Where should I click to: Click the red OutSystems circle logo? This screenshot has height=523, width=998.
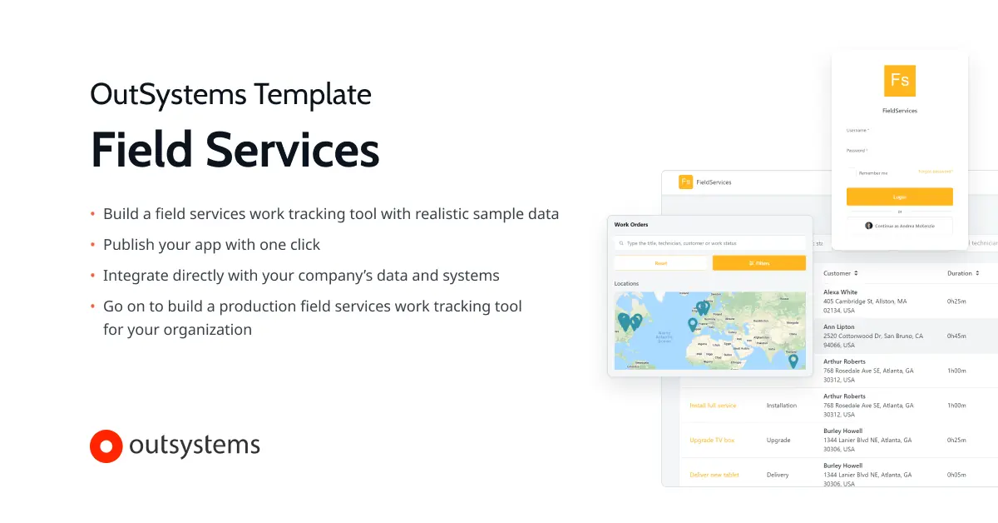[x=106, y=446]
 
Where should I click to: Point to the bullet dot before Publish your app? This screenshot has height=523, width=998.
[x=92, y=245]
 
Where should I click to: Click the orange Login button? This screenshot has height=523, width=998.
[x=899, y=197]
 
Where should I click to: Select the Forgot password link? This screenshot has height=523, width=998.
[x=935, y=172]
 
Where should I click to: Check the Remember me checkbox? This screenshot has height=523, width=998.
[x=852, y=172]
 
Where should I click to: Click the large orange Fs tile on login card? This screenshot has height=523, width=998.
[x=899, y=81]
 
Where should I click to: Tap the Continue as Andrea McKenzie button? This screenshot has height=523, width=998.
[x=899, y=226]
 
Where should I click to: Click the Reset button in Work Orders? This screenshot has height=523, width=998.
[x=661, y=263]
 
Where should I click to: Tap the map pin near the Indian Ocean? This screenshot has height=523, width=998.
[x=793, y=361]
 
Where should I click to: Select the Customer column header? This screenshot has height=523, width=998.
[x=840, y=273]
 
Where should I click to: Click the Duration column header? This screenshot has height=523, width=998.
[x=962, y=273]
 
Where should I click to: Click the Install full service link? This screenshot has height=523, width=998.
[x=713, y=406]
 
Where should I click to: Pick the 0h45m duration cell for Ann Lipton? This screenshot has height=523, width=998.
[x=956, y=336]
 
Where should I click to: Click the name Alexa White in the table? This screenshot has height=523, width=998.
[x=840, y=293]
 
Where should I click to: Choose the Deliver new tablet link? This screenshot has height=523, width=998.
[x=714, y=475]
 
